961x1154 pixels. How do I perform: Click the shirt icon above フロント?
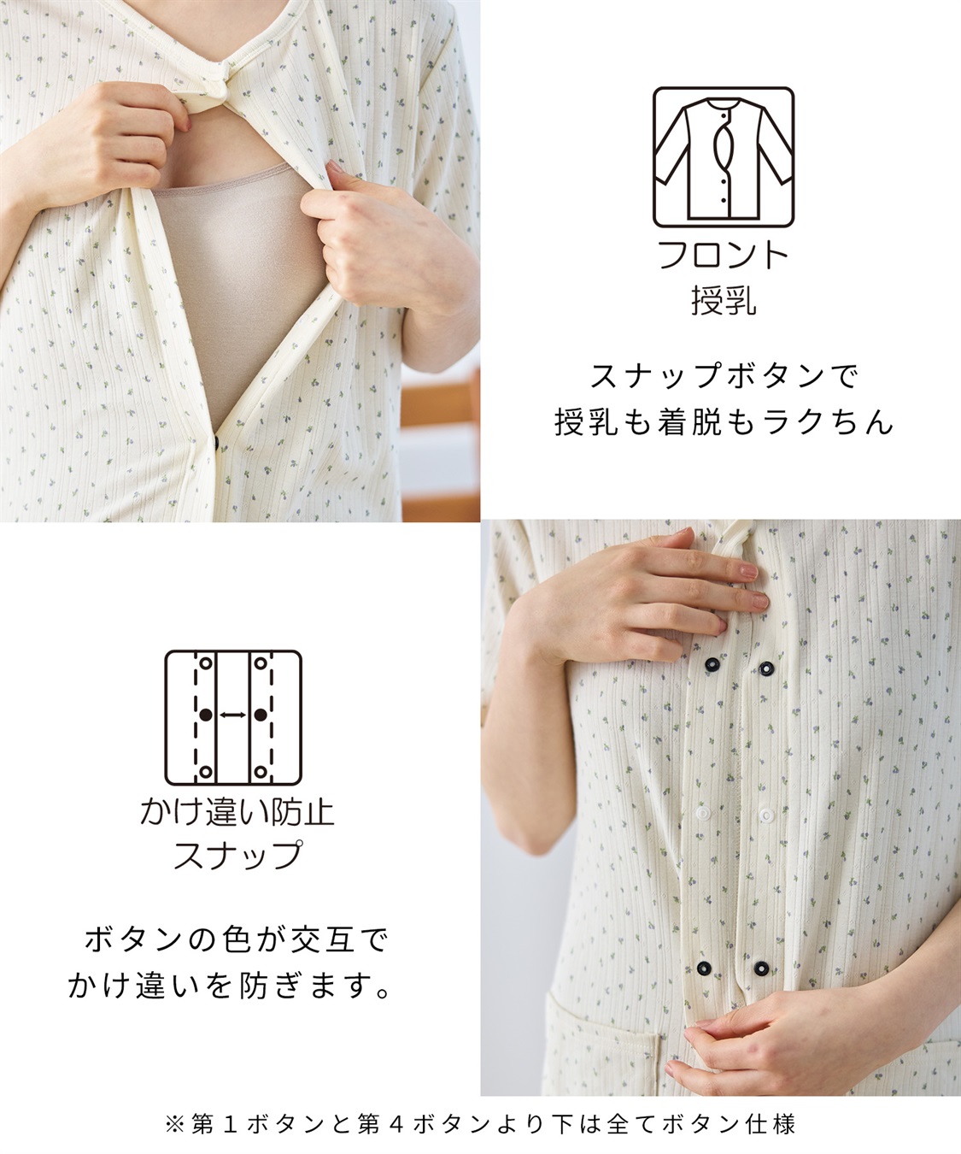[724, 157]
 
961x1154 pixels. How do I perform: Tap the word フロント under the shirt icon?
[723, 256]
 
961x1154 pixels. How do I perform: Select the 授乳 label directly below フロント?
[723, 300]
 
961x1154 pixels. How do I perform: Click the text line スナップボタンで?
[724, 374]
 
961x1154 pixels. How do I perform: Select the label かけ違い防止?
[237, 810]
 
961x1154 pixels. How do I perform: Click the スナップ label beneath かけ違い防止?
[237, 855]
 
